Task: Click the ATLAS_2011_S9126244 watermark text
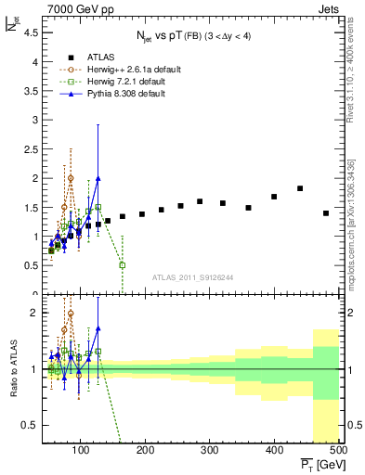(192, 276)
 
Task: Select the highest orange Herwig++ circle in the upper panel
(71, 177)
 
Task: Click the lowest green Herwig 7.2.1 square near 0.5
(123, 265)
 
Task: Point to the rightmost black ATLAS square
(326, 213)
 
